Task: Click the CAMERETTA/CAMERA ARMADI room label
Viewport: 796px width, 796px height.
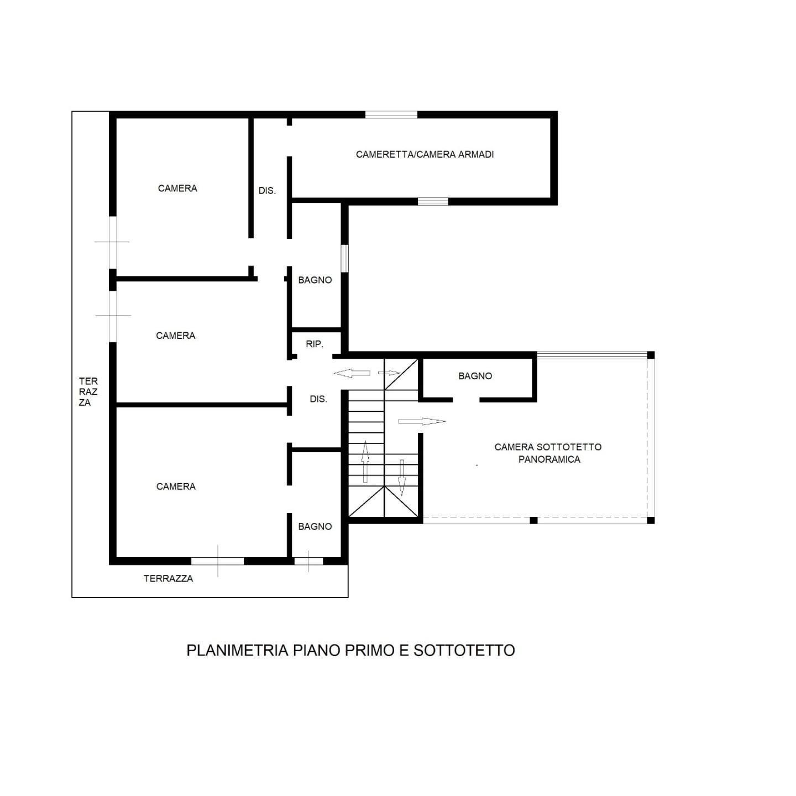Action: [x=425, y=154]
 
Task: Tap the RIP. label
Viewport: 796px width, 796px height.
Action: [x=315, y=344]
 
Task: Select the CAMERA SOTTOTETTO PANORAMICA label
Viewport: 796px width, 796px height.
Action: [x=548, y=453]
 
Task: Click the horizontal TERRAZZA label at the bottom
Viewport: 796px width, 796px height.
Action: [x=168, y=578]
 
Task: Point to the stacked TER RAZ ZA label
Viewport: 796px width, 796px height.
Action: [x=88, y=391]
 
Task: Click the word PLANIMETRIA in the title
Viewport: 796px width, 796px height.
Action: [x=237, y=650]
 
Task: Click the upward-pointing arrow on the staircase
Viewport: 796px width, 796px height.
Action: [x=365, y=462]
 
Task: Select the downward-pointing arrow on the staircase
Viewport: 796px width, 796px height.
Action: [x=401, y=478]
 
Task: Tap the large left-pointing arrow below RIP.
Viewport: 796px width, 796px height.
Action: [x=352, y=374]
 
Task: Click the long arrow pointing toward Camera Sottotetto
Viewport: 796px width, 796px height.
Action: [x=422, y=421]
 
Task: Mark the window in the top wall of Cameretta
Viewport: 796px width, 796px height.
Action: [x=391, y=114]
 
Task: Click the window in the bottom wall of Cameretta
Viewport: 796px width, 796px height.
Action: [x=433, y=202]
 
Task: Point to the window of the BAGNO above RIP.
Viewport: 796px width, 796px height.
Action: [x=344, y=259]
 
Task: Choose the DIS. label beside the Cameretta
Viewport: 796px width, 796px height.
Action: [x=267, y=191]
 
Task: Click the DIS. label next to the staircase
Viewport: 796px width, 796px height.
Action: [x=318, y=399]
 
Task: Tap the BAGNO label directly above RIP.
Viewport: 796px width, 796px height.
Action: [x=315, y=280]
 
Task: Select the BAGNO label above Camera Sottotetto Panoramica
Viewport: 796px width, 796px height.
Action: [x=475, y=376]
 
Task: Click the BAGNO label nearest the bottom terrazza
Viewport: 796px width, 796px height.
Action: [x=315, y=526]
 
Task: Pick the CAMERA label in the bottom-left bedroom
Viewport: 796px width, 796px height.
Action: [x=176, y=486]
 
